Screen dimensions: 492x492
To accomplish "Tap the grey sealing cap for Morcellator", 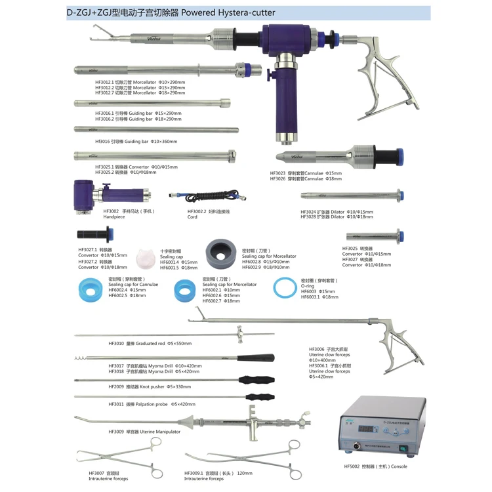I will click(220, 253).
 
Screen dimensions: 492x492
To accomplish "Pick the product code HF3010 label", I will click(116, 343).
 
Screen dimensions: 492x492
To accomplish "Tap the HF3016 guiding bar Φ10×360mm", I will click(151, 130).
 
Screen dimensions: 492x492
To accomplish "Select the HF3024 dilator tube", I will click(351, 195).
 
